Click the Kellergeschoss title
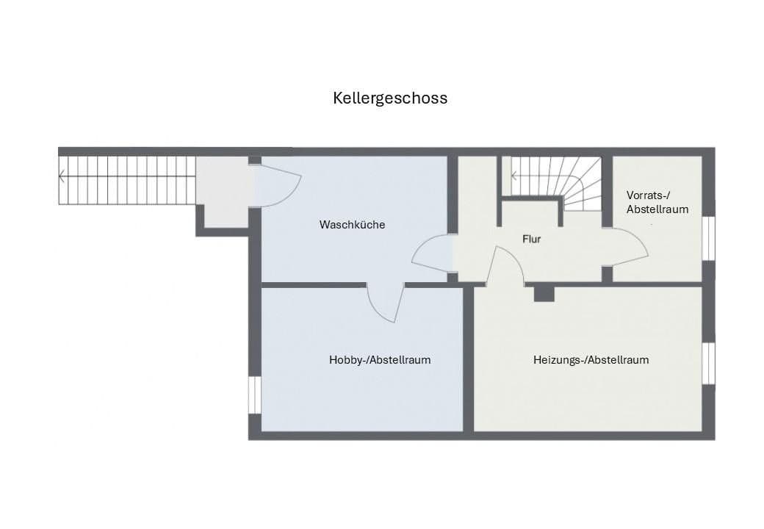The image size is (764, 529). click(390, 98)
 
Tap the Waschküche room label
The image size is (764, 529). click(352, 225)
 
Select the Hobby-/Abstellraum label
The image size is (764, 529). click(380, 360)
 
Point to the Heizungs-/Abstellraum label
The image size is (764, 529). click(591, 360)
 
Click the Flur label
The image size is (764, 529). click(531, 239)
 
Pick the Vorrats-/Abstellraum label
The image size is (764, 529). click(657, 202)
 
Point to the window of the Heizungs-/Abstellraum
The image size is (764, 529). click(708, 364)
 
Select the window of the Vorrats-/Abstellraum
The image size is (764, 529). click(708, 238)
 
